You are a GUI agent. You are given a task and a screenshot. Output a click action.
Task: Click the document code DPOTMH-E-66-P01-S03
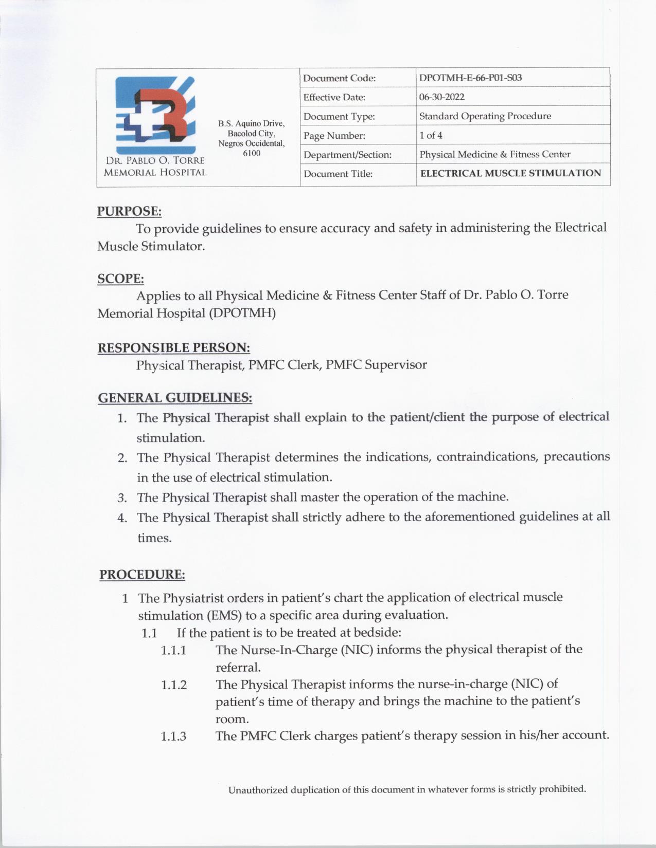tap(470, 78)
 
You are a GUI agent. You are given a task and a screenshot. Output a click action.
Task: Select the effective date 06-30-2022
tap(441, 97)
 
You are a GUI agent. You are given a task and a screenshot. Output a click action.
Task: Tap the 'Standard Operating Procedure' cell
tap(485, 116)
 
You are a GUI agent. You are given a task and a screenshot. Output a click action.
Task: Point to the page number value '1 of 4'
tap(431, 136)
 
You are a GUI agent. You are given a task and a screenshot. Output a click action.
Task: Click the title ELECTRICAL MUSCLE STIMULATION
tap(510, 174)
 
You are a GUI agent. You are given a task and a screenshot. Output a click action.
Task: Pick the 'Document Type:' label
tap(339, 117)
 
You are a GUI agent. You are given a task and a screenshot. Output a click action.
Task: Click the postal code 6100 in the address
tap(252, 154)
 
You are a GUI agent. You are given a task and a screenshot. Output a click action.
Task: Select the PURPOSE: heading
tap(129, 211)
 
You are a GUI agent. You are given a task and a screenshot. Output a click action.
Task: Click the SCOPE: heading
tap(120, 279)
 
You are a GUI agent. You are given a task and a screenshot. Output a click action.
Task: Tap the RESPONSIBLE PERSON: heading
tap(174, 348)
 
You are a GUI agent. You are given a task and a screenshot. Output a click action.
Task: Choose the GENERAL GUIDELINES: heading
tap(175, 398)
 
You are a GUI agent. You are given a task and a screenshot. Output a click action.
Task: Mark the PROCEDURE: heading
tap(142, 575)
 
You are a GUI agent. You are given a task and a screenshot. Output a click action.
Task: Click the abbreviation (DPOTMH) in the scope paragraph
tap(242, 314)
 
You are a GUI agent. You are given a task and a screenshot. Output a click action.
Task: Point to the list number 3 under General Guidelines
tap(122, 498)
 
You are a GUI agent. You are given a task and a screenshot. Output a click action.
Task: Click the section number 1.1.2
tap(173, 685)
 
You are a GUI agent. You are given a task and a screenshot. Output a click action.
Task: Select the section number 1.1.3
tap(173, 736)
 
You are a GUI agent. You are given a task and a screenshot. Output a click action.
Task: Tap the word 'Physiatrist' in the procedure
tap(193, 598)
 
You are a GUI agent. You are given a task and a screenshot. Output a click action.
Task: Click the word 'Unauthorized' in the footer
tap(258, 790)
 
